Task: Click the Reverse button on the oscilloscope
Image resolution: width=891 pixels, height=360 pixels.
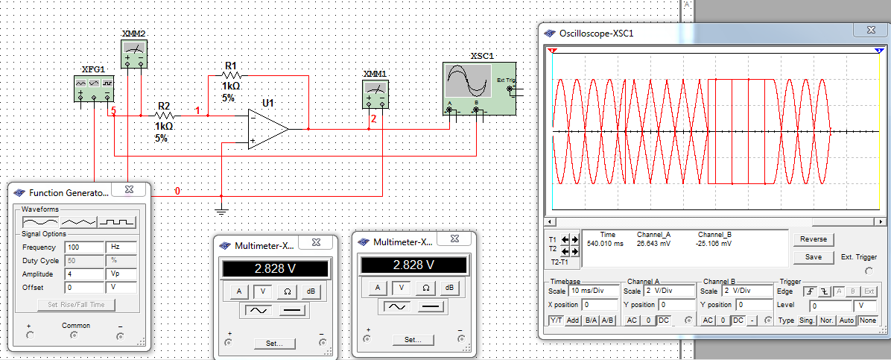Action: coord(814,239)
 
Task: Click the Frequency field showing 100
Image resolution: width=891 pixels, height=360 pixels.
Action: coord(85,247)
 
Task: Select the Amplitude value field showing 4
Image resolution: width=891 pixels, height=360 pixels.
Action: coord(85,274)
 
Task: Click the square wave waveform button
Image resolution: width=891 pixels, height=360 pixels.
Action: coord(118,221)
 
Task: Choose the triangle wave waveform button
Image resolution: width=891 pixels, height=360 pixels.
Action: coord(78,221)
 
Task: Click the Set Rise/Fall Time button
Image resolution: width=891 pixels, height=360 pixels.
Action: coord(75,304)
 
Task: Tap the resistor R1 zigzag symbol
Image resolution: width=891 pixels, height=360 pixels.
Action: coord(231,75)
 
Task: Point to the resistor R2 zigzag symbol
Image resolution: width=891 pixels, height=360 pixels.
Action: coord(165,116)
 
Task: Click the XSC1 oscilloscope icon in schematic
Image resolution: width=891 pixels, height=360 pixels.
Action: coord(479,88)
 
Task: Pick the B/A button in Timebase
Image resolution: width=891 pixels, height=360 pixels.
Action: coord(591,320)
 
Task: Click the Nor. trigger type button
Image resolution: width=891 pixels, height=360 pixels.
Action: coord(826,320)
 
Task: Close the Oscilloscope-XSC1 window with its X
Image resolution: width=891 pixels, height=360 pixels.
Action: coord(871,30)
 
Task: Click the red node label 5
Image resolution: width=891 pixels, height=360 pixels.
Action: coord(114,110)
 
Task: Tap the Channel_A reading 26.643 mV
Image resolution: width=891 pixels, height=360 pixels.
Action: coord(654,244)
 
